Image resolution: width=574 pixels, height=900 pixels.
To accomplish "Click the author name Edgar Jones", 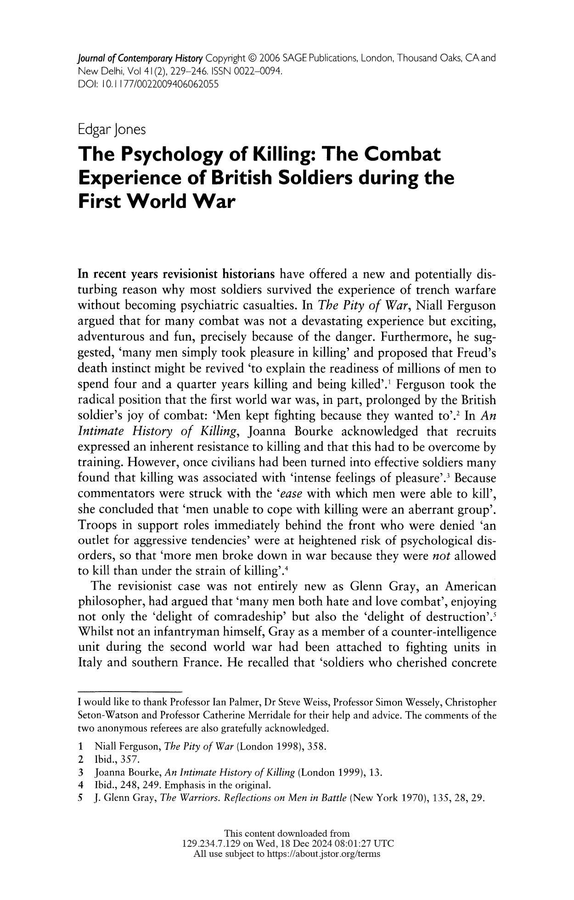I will click(x=112, y=129).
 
